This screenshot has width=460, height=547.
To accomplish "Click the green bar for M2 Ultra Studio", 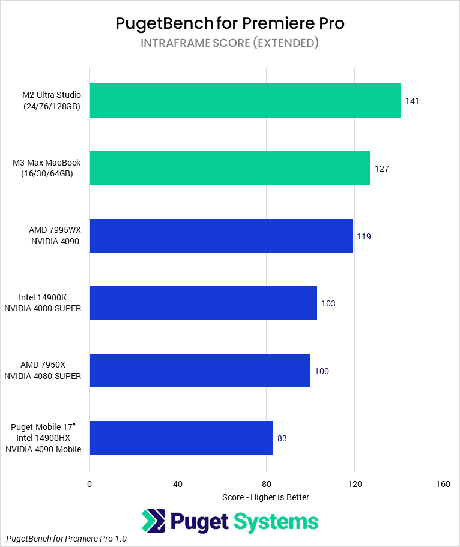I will (x=245, y=100).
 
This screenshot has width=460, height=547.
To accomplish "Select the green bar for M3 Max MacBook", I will (x=229, y=168).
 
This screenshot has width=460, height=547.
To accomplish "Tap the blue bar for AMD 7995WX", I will (x=221, y=236).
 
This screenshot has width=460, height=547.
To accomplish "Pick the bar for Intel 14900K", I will (x=203, y=303).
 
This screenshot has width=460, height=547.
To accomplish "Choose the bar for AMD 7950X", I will (x=200, y=371).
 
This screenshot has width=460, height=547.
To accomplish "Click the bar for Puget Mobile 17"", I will (x=181, y=438).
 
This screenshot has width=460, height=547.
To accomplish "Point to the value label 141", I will (x=412, y=101).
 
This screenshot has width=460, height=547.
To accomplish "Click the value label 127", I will (x=381, y=169).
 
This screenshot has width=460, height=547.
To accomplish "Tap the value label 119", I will (x=364, y=236).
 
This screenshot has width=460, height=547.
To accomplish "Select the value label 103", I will (x=328, y=303).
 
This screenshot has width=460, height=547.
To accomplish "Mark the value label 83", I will (x=282, y=438).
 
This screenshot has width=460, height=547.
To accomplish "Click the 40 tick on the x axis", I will (x=178, y=484).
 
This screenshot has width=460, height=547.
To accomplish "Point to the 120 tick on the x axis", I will (x=354, y=484).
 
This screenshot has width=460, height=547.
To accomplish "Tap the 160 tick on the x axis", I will (x=443, y=484).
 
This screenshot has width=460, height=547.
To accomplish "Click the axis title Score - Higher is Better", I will (x=265, y=497).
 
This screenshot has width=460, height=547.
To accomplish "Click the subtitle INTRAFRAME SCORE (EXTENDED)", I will (x=229, y=43).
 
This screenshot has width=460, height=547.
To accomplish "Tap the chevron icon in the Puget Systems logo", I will (x=153, y=521).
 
